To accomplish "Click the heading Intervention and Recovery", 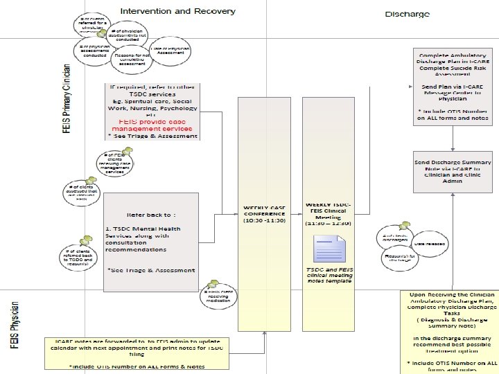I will click(178, 11).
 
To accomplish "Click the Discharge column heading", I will click(408, 15).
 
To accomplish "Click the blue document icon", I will click(328, 249).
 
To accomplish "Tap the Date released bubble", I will click(429, 244).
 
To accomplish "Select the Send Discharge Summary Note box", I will click(453, 171).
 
